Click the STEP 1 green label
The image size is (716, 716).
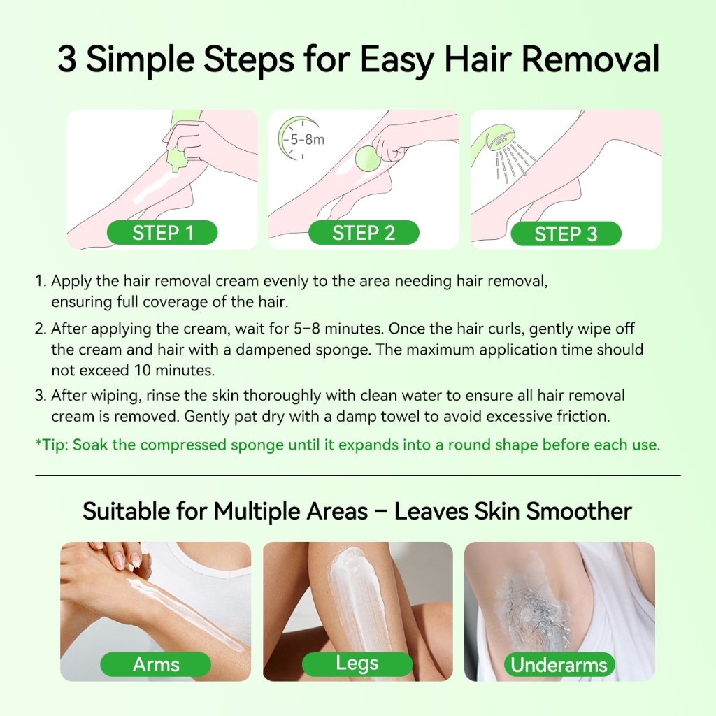[x=162, y=232]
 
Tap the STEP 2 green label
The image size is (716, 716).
[x=364, y=232]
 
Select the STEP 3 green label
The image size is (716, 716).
[x=566, y=234]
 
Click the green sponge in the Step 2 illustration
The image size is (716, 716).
[x=368, y=158]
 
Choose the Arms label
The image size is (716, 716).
[x=156, y=664]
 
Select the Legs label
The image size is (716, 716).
[x=357, y=664]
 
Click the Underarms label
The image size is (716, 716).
[x=559, y=665]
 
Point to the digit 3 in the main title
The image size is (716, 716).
[x=66, y=59]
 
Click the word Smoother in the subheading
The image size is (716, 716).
[x=579, y=510]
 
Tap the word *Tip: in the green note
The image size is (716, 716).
[x=52, y=445]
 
